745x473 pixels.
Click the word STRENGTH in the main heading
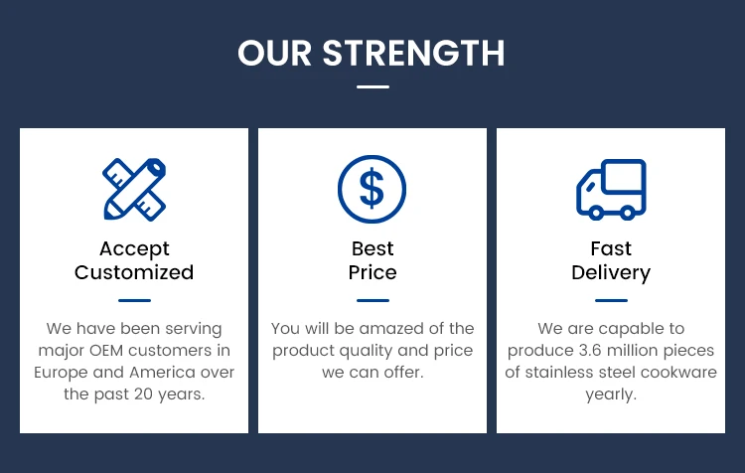[413, 53]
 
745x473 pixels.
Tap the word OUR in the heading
[274, 53]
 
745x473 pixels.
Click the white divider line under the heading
[372, 86]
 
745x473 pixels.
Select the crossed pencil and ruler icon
[134, 190]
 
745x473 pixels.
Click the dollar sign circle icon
[372, 189]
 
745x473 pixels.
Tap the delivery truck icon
[611, 190]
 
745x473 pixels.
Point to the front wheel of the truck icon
[596, 213]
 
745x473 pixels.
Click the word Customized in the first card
[134, 272]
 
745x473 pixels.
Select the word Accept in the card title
[134, 249]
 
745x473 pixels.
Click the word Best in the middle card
[372, 248]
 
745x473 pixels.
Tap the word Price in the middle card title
[372, 272]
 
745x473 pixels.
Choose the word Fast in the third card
[611, 248]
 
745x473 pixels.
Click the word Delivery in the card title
[611, 273]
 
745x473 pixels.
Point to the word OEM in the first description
[106, 351]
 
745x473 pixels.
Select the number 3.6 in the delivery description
[590, 351]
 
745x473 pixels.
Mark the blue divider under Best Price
[372, 300]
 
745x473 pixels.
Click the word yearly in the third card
[611, 394]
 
